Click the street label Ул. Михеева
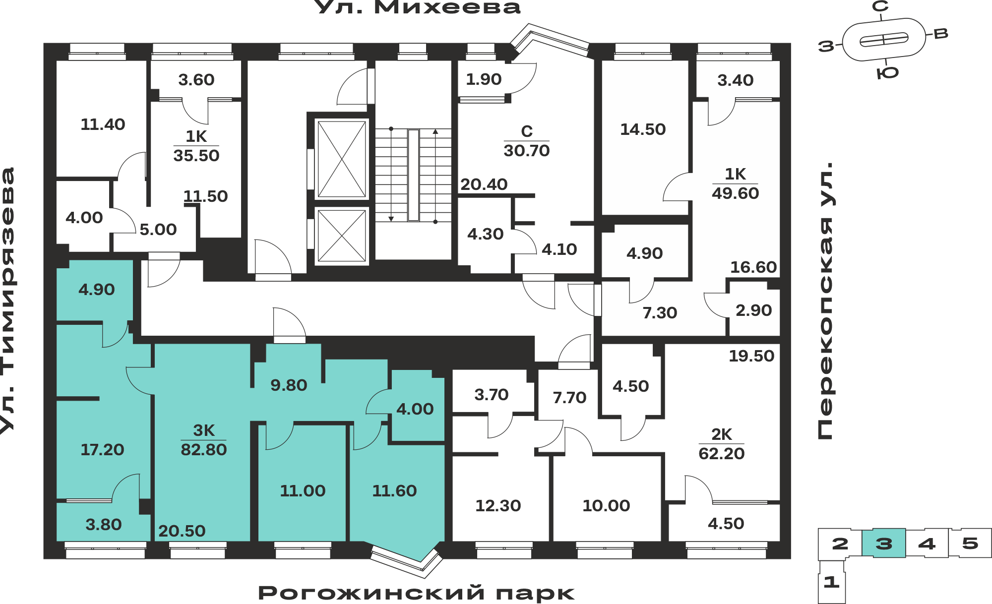click(417, 7)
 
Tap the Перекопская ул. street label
click(826, 301)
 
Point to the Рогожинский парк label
click(416, 593)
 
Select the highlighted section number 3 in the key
click(884, 544)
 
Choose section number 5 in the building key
click(970, 544)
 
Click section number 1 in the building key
click(831, 582)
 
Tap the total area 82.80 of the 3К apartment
click(203, 450)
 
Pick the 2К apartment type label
click(721, 434)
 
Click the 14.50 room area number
click(643, 129)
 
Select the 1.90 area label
click(484, 79)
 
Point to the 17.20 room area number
click(102, 450)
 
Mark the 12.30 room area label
click(498, 506)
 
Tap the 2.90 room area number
click(753, 310)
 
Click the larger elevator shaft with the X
click(342, 159)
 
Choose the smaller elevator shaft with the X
click(342, 236)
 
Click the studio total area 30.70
click(527, 151)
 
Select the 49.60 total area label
click(735, 193)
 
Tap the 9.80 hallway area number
click(289, 385)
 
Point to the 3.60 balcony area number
click(196, 80)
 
